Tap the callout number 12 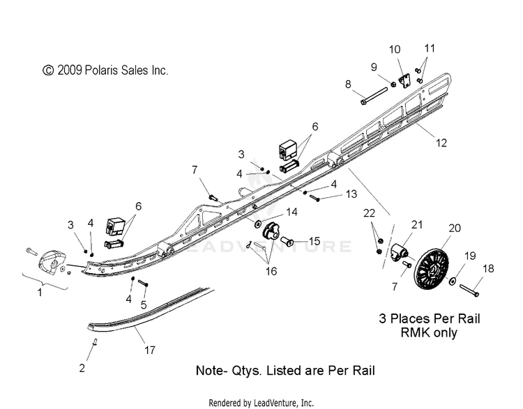coord(441,143)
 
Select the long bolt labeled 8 coord(374,95)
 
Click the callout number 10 coord(395,49)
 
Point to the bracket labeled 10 coord(405,81)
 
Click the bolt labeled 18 coord(469,290)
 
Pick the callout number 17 coord(150,350)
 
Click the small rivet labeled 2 coord(95,342)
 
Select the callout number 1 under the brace coord(40,293)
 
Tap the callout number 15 coord(314,241)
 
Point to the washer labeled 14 coord(258,224)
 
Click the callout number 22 coord(369,213)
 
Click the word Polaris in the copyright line coord(99,70)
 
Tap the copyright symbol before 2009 coord(48,70)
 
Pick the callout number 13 coord(351,194)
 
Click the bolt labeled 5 coord(143,284)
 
